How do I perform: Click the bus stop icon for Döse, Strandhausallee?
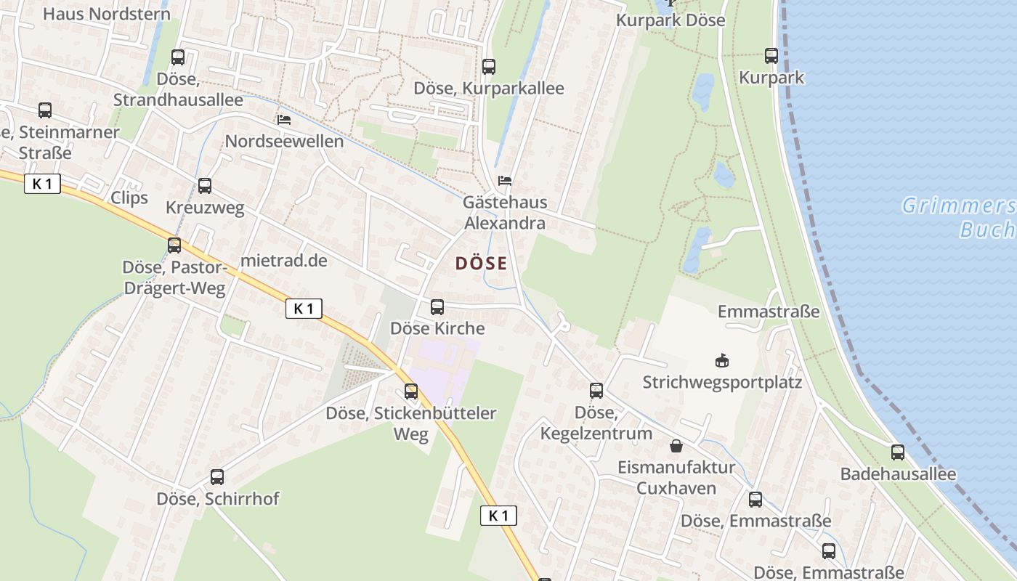[x=178, y=57]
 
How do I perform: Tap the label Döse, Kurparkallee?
[x=488, y=89]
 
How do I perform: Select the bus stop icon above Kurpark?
[x=771, y=55]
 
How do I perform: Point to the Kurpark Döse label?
[x=670, y=20]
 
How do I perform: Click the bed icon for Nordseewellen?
[x=283, y=119]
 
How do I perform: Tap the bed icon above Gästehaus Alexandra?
[x=504, y=180]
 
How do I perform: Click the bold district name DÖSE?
[x=481, y=264]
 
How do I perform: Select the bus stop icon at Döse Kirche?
[x=437, y=306]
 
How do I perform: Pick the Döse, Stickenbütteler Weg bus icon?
[x=411, y=391]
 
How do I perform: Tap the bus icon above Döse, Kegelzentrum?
[x=596, y=391]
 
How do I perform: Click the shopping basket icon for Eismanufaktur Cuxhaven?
[x=676, y=445]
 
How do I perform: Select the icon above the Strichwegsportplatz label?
[x=722, y=360]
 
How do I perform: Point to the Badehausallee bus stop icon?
[x=898, y=452]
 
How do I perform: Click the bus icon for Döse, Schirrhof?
[x=217, y=477]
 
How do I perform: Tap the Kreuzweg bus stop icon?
[x=205, y=186]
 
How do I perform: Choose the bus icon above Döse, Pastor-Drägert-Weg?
[x=174, y=245]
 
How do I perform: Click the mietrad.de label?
[x=283, y=260]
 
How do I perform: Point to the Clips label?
[x=129, y=198]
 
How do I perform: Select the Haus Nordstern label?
[x=107, y=14]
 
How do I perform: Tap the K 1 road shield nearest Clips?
[x=42, y=184]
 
